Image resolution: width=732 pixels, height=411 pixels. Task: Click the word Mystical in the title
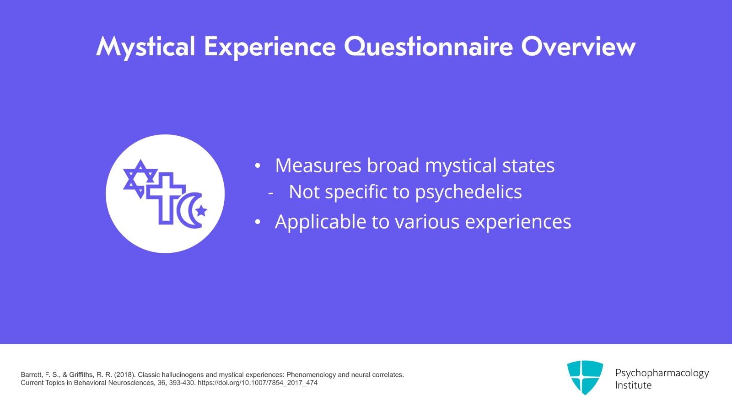point(146,48)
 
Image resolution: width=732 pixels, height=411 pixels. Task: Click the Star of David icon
point(140,179)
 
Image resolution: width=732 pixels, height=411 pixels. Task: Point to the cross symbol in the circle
point(166,198)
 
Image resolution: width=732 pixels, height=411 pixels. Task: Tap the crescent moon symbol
point(189,210)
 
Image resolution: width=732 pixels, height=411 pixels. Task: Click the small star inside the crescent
point(201,211)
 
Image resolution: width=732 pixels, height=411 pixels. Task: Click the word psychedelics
point(468,192)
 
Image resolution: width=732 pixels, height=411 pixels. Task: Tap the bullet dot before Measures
point(258,166)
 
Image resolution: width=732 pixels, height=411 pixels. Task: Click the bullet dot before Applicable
point(258,222)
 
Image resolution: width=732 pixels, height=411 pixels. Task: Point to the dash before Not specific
point(270,193)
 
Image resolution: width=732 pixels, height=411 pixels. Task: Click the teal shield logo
point(585,377)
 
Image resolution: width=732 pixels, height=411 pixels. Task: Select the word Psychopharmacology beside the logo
point(662,374)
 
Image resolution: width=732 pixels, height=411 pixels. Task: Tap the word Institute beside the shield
point(633,385)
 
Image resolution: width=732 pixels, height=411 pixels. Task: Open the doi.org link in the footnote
point(258,383)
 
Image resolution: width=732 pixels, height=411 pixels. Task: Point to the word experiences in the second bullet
point(518,222)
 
